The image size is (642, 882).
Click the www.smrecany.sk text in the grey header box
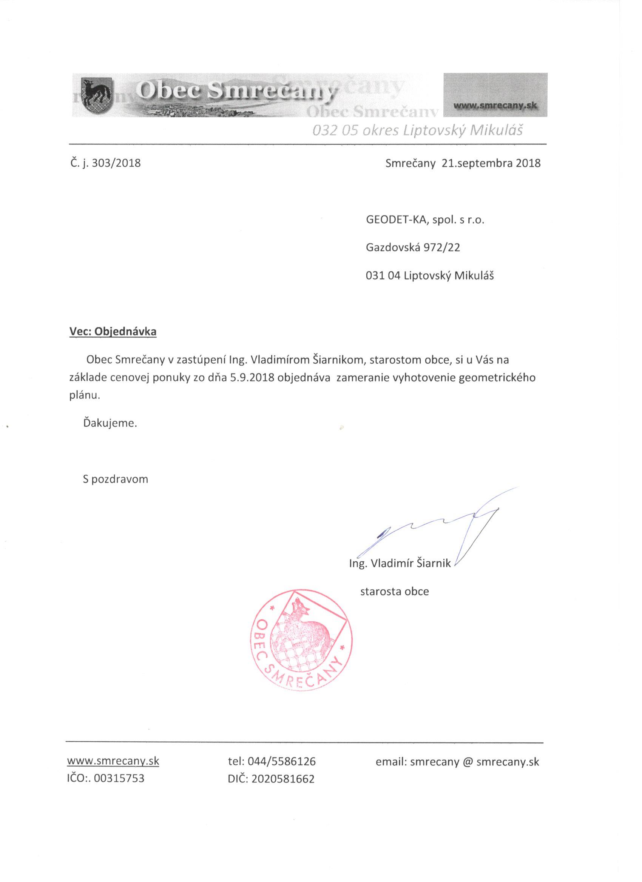(495, 105)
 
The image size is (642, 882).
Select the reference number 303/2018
(116, 163)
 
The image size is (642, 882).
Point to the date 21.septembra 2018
(491, 163)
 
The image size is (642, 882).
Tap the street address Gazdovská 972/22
(413, 248)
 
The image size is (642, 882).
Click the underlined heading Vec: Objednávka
(113, 332)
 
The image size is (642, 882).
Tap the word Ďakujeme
(110, 423)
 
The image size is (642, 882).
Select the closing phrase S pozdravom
(115, 479)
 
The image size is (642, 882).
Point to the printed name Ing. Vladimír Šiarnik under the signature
(400, 564)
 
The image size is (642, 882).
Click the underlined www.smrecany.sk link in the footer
(113, 761)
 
